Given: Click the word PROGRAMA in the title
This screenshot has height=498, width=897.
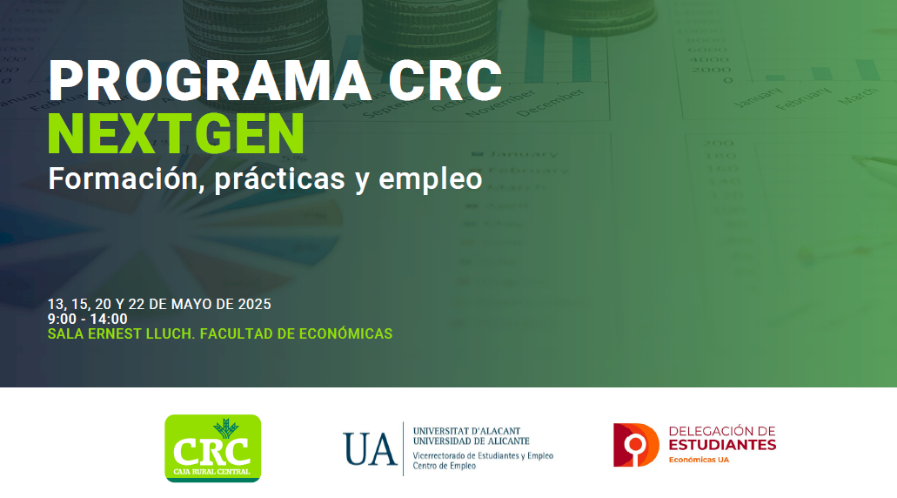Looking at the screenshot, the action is (210, 81).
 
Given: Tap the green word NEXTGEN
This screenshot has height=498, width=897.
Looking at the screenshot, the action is (177, 134).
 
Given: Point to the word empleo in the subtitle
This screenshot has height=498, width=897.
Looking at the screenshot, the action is (430, 180).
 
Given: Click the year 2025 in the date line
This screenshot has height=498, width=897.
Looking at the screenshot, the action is (254, 304).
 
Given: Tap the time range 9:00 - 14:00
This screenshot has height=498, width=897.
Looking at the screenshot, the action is (88, 319).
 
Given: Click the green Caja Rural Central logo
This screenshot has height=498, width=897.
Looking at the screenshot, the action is (213, 448).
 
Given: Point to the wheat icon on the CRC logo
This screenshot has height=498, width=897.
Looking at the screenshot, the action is (226, 427).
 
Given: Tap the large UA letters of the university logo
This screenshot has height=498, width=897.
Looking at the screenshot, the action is (370, 448).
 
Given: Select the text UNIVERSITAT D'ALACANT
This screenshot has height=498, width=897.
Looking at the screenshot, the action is (467, 430).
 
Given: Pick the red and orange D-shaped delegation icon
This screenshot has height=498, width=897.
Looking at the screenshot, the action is (636, 445).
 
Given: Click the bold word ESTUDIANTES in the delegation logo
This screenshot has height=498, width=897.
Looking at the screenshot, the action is (722, 445).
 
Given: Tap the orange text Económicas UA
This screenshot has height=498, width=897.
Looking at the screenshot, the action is (699, 460).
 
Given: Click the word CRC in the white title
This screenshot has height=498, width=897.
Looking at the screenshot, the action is (445, 81).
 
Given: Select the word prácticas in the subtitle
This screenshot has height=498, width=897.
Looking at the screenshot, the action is (280, 179).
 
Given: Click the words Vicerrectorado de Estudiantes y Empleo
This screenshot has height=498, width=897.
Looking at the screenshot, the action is (484, 455).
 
